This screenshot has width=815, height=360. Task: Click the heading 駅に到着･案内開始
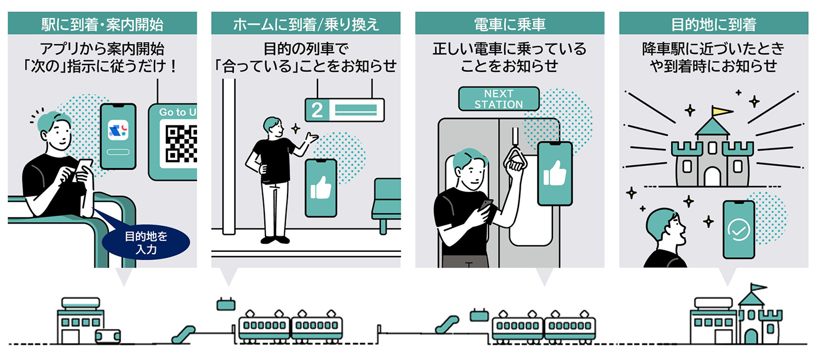(102, 24)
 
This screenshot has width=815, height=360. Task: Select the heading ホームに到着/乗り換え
(306, 24)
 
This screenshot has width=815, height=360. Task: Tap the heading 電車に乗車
(509, 24)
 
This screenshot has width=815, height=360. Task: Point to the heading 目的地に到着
(713, 24)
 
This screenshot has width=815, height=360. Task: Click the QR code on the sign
(181, 143)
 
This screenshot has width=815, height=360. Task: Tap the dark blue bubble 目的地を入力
(146, 242)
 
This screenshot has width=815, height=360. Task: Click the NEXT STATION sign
(499, 98)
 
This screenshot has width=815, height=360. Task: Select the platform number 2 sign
(344, 109)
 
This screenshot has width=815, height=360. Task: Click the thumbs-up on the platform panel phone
(321, 188)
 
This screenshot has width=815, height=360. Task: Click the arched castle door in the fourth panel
(713, 177)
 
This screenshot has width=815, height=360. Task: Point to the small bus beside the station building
(108, 336)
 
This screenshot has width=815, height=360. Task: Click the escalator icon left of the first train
(185, 333)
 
